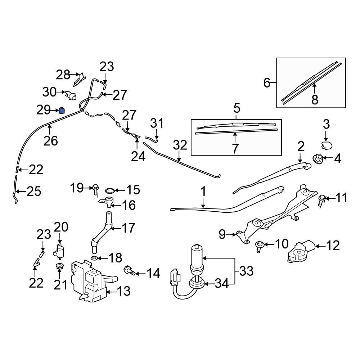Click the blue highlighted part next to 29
pos(62,111)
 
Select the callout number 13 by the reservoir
pos(123,291)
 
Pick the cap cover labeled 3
pos(326,145)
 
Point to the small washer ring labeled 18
pos(94,258)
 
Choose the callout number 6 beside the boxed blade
pos(267,83)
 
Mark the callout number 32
pos(180,145)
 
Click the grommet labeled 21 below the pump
pos(60,267)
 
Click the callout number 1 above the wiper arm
pos(203,192)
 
